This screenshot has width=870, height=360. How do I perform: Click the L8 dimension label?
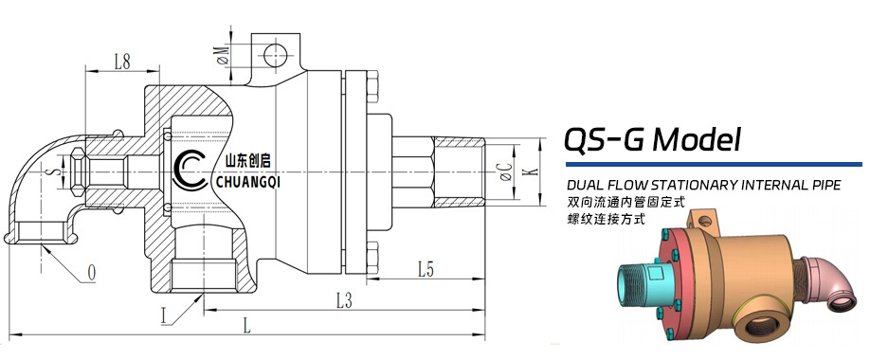[x=122, y=63]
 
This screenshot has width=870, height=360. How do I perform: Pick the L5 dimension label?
[x=426, y=270]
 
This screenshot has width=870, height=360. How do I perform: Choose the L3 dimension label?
[x=345, y=301]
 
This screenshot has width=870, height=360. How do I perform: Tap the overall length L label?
[x=247, y=326]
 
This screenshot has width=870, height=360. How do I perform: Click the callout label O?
[x=92, y=272]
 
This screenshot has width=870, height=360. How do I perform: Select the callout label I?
[x=164, y=316]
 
